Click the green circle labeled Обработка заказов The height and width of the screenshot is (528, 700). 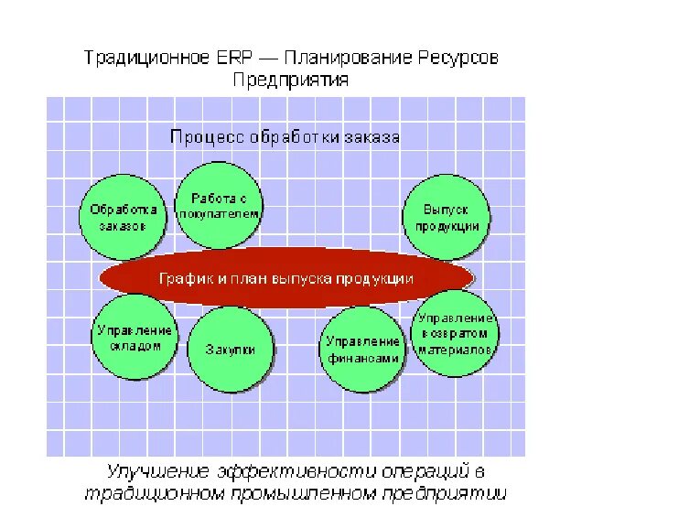(x=124, y=217)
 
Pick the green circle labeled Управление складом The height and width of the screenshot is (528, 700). (x=134, y=337)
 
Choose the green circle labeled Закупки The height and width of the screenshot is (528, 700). (x=231, y=349)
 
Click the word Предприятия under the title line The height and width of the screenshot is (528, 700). (x=290, y=80)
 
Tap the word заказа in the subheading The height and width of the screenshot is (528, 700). (x=372, y=137)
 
